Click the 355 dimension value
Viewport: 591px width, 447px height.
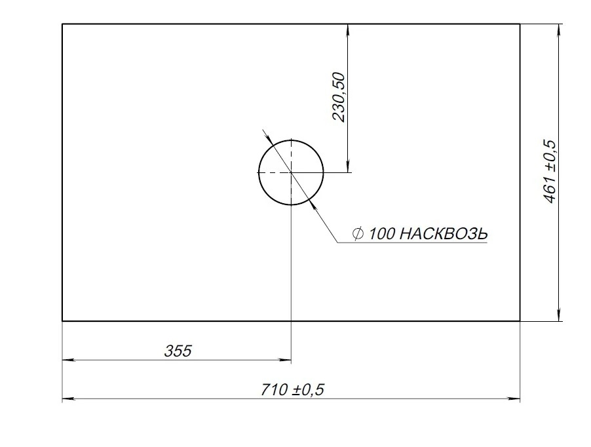pos(178,351)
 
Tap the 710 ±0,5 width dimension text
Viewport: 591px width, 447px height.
pos(292,390)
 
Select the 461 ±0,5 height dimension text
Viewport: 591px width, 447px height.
pos(550,172)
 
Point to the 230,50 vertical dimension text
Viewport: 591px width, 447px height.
pos(338,97)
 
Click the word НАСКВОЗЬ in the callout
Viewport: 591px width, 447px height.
pos(443,234)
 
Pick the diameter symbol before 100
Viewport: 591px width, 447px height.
pos(358,234)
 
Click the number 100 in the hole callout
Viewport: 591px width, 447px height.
pos(381,234)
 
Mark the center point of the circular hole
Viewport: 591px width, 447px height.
pos(291,172)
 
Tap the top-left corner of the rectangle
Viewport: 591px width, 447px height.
pos(62,24)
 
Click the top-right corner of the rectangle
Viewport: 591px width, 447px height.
pos(520,24)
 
